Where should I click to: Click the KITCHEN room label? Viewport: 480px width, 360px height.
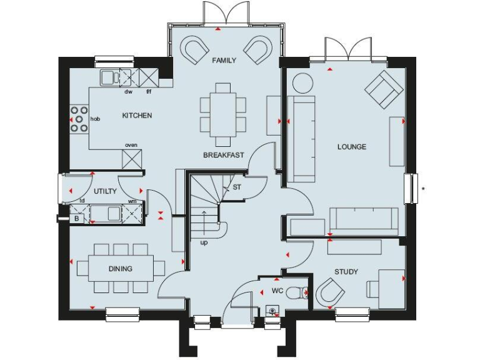click(137, 116)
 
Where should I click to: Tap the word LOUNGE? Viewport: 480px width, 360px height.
click(352, 147)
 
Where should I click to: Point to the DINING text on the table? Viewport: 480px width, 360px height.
click(121, 269)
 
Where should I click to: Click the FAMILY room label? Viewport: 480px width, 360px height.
click(224, 61)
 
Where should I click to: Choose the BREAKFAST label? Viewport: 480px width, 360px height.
click(223, 155)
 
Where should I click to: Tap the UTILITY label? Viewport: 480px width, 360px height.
click(106, 191)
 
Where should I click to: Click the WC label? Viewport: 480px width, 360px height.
click(277, 291)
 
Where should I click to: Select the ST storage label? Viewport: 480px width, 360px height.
click(237, 187)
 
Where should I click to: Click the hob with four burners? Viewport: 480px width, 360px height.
click(79, 119)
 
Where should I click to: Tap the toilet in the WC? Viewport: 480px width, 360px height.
click(301, 291)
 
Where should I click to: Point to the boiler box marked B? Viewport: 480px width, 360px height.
click(77, 219)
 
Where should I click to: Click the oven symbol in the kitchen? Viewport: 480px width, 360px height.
click(132, 159)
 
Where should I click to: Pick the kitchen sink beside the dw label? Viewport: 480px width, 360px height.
click(109, 77)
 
